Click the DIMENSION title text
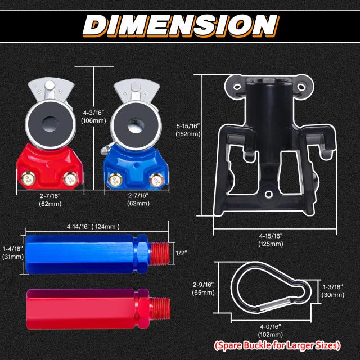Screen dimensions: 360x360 [181, 25]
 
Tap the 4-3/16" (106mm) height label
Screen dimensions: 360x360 [94, 116]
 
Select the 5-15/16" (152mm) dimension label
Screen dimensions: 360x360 [188, 130]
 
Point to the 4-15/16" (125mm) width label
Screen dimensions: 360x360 [271, 240]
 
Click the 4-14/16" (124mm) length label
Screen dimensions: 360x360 [93, 227]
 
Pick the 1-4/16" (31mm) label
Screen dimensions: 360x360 [13, 253]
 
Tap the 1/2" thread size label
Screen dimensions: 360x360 [181, 253]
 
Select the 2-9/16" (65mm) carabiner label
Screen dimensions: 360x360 [204, 289]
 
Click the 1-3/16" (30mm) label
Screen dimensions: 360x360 [333, 291]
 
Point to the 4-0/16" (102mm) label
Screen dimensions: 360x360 [271, 330]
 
